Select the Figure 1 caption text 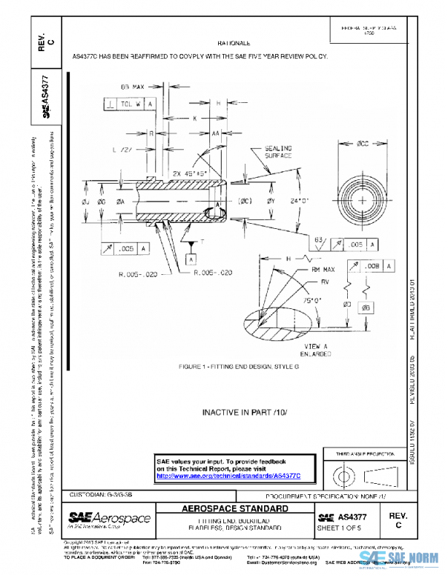[233, 367]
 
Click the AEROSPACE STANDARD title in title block [236, 510]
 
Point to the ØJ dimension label [86, 200]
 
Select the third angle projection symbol [361, 473]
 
